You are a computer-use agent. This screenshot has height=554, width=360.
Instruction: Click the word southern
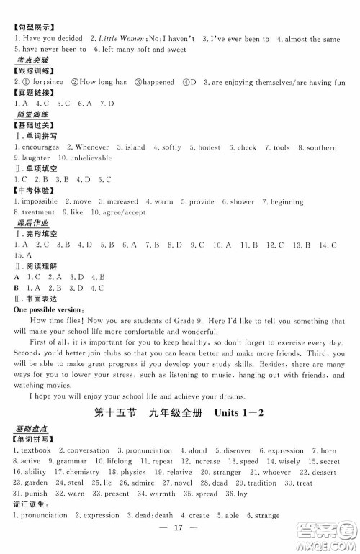pos(320,147)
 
